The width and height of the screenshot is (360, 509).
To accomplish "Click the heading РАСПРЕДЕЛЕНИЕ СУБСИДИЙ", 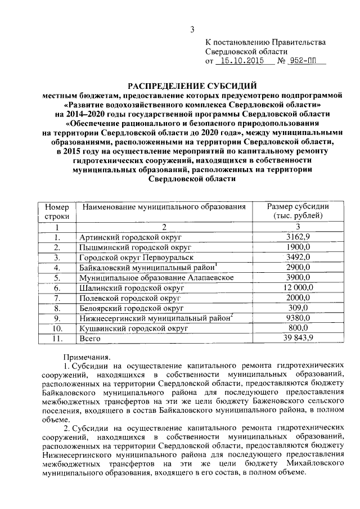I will tap(192, 86).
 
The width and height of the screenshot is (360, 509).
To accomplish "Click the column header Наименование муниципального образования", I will tap(164, 207).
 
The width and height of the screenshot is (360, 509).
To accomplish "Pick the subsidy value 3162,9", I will tap(298, 237).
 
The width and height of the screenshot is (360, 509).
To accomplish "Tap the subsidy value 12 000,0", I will tap(298, 287).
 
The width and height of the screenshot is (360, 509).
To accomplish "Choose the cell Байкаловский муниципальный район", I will tap(148, 267).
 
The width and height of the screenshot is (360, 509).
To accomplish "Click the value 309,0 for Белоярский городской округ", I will tap(298, 308).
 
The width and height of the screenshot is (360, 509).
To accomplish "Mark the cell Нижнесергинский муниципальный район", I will tap(156, 318).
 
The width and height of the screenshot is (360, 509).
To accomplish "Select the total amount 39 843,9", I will tap(298, 338).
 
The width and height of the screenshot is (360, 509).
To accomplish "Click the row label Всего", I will tap(90, 338).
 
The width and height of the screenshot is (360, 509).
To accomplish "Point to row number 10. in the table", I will tap(57, 328).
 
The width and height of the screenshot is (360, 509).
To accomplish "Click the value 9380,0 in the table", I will tap(298, 318).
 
